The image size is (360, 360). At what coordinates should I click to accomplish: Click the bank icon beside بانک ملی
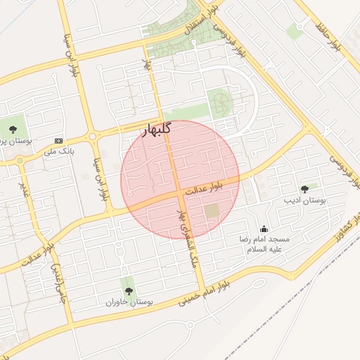pos(58,141)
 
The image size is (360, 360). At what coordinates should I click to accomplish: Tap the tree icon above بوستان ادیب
pos(304,189)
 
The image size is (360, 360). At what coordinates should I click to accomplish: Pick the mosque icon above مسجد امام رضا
pos(264,229)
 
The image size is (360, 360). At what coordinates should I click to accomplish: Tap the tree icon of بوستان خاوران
pos(127,291)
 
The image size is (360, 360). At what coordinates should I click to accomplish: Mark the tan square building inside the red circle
pos(212,210)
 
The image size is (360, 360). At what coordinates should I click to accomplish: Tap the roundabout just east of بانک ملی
pos(92,136)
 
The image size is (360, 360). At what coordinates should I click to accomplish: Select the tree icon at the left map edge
pos(13,128)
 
